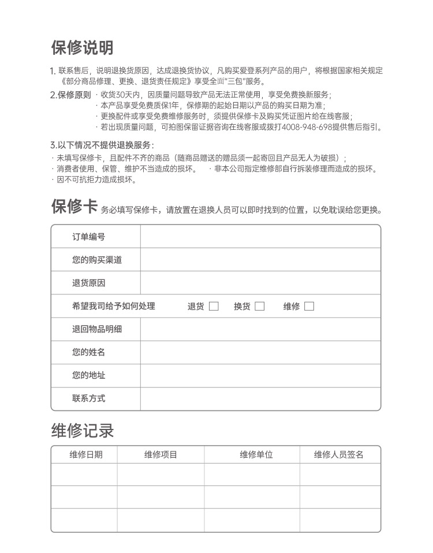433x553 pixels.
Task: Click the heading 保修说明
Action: (x=82, y=48)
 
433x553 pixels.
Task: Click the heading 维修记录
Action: (x=83, y=431)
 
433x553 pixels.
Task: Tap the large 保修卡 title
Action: (x=74, y=207)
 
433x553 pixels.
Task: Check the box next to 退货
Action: (x=214, y=307)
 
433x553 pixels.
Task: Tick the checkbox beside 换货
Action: (x=260, y=307)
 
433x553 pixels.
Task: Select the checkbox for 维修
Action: (x=309, y=307)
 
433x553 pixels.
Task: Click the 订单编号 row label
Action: (x=88, y=237)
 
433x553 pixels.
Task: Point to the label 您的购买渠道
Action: (x=97, y=260)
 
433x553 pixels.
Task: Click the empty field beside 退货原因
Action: (x=260, y=283)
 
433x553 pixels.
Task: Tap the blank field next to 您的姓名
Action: (x=260, y=352)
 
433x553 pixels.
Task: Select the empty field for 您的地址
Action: (x=260, y=375)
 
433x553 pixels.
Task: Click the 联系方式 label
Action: (x=88, y=398)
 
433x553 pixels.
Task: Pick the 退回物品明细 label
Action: (x=97, y=329)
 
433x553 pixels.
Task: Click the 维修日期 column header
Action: (x=86, y=455)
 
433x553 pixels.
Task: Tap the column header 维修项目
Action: (x=160, y=455)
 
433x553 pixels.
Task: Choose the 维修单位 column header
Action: (x=256, y=455)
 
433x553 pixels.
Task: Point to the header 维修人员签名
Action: (x=339, y=455)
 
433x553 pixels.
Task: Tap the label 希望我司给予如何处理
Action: (x=114, y=307)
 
